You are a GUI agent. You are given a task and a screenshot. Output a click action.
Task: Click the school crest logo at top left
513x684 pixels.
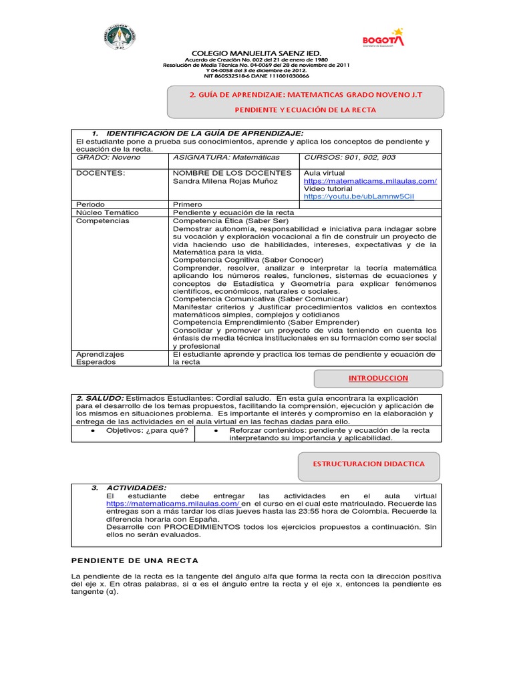[121, 38]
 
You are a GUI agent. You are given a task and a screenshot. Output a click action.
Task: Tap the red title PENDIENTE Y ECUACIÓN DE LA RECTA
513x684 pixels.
[305, 110]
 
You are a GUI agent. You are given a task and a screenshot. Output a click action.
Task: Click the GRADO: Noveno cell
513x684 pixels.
[104, 157]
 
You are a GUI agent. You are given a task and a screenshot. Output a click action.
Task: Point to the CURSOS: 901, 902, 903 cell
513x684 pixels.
[349, 157]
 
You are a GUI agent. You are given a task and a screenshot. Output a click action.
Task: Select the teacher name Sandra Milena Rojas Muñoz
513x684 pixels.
[232, 181]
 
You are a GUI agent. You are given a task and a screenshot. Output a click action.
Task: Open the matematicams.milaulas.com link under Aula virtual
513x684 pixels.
[370, 181]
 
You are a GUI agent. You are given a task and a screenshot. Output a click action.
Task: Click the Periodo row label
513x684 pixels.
[90, 204]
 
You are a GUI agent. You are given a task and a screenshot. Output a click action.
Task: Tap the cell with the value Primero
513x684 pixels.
[188, 204]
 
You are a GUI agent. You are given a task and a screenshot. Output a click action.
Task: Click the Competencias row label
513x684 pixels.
[102, 220]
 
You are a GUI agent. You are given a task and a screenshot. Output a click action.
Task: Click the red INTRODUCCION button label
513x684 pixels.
[378, 378]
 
